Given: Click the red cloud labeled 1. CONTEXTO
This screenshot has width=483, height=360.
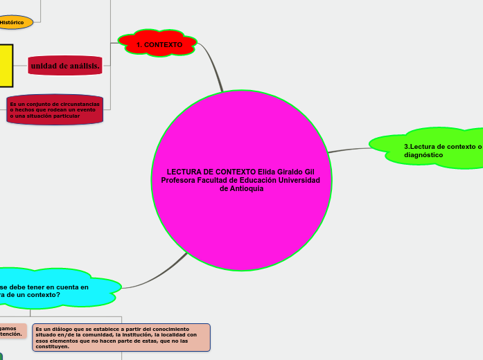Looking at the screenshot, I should pos(158,44).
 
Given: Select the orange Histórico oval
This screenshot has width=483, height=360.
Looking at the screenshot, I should pos(14,22).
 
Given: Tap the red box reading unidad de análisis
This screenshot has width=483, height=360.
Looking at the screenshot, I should pos(65,66).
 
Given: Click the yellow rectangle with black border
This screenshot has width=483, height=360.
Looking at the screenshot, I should pos(6,66).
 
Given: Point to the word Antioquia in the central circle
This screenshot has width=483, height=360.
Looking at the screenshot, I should pos(246,188).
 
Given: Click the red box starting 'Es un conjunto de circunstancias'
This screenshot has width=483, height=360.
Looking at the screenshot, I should pos(55,109).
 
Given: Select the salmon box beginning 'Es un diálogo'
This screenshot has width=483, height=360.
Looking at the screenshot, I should pos(121,337).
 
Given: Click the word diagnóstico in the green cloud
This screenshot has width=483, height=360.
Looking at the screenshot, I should pos(423,155).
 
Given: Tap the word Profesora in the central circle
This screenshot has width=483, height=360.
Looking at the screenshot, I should pos(179,180).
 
